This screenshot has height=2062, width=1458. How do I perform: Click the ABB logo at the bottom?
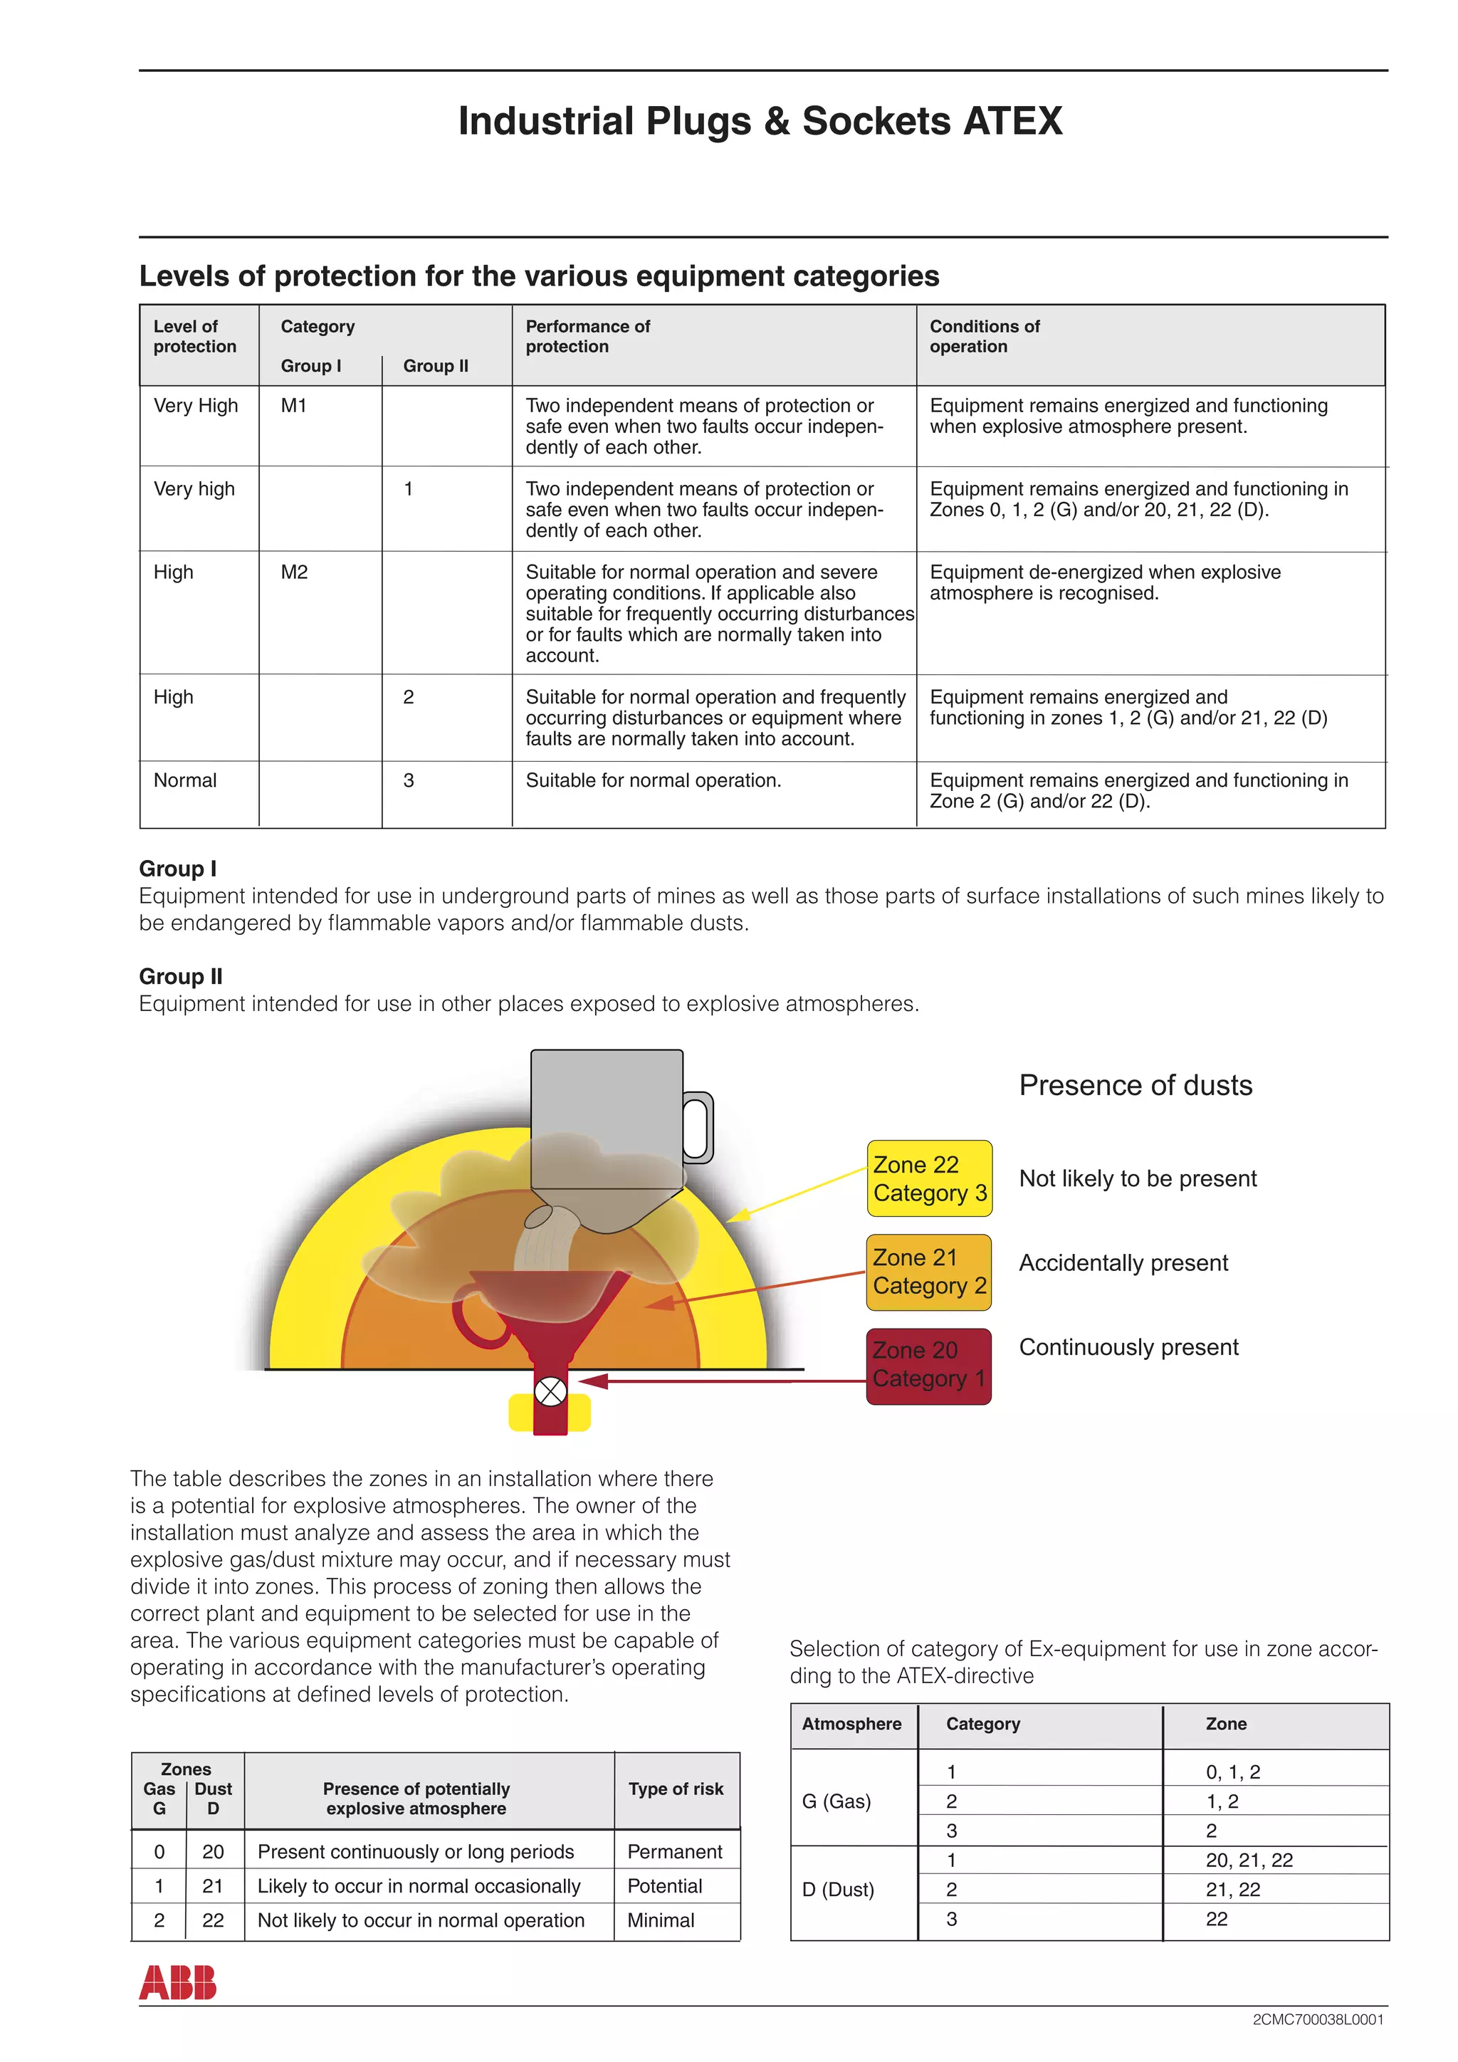[178, 1982]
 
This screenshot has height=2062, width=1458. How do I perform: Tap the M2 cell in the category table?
[295, 572]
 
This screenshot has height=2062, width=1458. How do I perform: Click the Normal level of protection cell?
[185, 780]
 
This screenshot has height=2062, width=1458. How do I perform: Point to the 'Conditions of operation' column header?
[984, 337]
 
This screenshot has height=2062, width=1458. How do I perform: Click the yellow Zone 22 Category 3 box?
[929, 1178]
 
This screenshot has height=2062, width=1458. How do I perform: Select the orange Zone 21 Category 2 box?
[929, 1272]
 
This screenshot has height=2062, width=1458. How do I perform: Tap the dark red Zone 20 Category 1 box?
[929, 1365]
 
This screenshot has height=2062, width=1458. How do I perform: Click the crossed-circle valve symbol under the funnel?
[550, 1392]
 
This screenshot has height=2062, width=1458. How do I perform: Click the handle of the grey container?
[698, 1128]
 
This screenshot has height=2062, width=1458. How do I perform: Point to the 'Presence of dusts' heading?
[1135, 1085]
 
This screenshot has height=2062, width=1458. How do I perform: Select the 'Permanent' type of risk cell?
[674, 1852]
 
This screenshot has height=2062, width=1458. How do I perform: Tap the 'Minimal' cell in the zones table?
[661, 1920]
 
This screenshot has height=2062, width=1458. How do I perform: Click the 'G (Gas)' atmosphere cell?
[836, 1801]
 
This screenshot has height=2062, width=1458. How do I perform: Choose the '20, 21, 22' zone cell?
[1249, 1860]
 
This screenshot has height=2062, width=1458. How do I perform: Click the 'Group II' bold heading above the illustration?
[180, 976]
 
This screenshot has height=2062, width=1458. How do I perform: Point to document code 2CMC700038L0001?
[1317, 2020]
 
